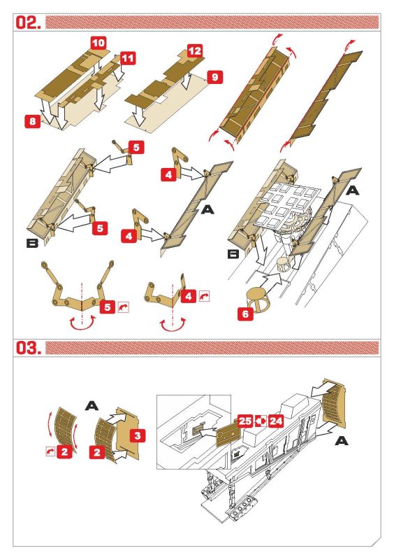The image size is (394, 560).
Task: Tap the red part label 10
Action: [98, 43]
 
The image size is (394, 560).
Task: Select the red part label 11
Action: [128, 58]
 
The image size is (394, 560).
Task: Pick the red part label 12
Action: [195, 50]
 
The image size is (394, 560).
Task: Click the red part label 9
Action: [214, 77]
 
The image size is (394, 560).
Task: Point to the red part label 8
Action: [32, 121]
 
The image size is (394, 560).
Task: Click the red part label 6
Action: [245, 314]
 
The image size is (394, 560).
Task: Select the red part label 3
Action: [138, 435]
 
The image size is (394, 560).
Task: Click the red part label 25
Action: [245, 421]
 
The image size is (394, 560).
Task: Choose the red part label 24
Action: [276, 421]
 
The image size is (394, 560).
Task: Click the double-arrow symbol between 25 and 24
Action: [261, 421]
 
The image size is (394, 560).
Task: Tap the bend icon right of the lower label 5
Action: [123, 307]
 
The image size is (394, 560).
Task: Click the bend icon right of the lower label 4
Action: [204, 296]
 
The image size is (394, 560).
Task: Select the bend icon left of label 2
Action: [50, 451]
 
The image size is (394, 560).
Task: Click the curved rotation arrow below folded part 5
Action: [82, 323]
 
